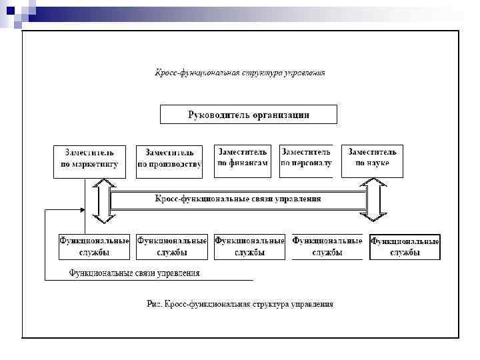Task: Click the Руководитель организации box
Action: [248, 114]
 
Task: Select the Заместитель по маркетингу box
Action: [85, 161]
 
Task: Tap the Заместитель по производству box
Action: [169, 161]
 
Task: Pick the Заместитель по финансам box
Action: [243, 161]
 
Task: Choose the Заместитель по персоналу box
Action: [305, 161]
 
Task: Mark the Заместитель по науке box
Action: [372, 161]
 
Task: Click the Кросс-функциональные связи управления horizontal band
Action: [238, 199]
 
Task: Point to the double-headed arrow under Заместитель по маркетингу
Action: [104, 199]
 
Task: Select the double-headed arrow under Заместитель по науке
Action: [373, 199]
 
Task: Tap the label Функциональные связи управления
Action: [135, 273]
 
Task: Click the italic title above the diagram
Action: [240, 73]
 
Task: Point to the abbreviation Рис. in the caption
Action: [154, 305]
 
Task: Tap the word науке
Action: [378, 163]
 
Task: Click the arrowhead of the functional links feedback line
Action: [82, 210]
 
